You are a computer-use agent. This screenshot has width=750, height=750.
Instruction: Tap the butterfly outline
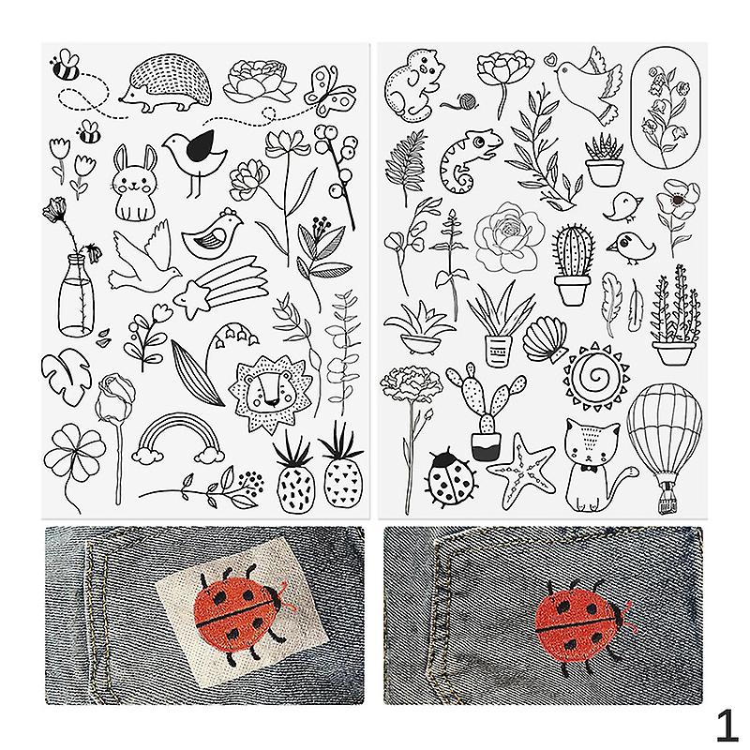pyautogui.click(x=330, y=91)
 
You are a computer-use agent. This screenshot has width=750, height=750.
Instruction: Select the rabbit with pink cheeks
pyautogui.click(x=135, y=183)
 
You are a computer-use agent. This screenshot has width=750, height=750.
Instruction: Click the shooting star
pyautogui.click(x=220, y=286)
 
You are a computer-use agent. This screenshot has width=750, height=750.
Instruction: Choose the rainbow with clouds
pyautogui.click(x=178, y=439)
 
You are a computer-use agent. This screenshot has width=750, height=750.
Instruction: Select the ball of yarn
pyautogui.click(x=466, y=100)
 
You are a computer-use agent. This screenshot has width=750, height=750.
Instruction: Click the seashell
pyautogui.click(x=546, y=340)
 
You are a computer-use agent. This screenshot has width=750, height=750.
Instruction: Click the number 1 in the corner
pyautogui.click(x=727, y=726)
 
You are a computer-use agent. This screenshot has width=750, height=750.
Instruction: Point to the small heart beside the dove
pyautogui.click(x=551, y=60)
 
